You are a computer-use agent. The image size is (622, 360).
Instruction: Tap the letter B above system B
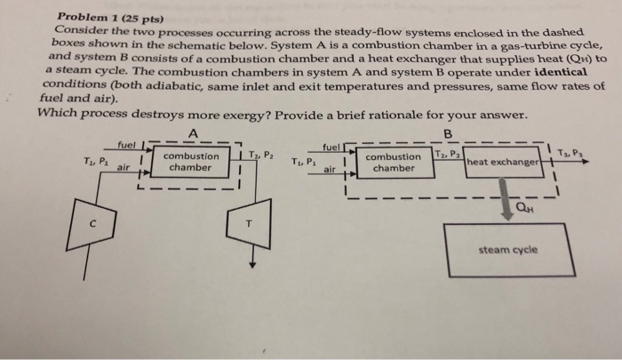click(448, 133)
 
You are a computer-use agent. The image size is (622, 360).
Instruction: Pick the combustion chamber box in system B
click(394, 163)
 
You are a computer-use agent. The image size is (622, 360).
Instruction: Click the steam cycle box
click(506, 248)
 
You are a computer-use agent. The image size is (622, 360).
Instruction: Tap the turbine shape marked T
click(251, 224)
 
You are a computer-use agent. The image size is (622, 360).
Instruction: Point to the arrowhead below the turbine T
click(252, 263)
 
